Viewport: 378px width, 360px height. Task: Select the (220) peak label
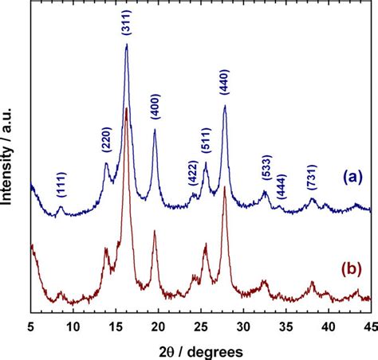pos(106,140)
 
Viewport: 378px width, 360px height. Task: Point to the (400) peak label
pos(155,107)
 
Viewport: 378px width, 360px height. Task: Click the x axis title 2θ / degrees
pos(199,348)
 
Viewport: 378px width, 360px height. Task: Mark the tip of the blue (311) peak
pos(127,45)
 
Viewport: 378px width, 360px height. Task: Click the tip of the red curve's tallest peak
pos(126,108)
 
